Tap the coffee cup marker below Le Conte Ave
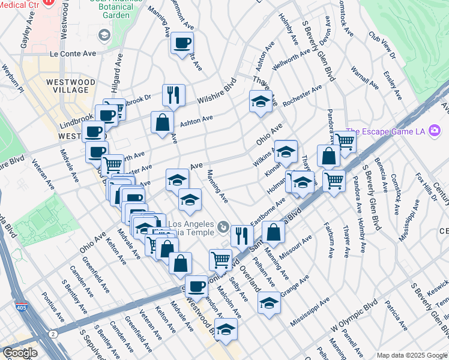182,43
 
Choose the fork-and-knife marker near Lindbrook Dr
173,95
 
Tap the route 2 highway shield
53,333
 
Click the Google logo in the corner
19,353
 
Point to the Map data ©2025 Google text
411,355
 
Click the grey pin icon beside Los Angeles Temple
223,227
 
